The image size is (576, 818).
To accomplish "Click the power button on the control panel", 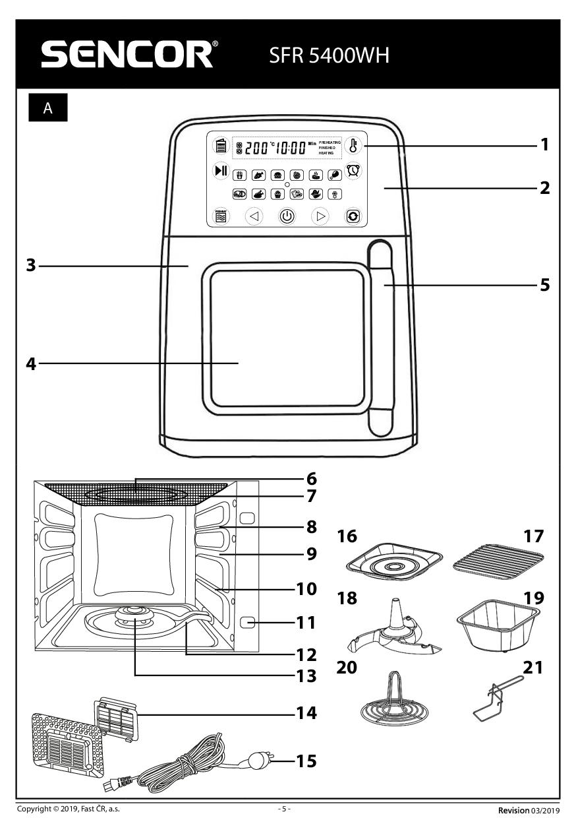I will click(x=287, y=216).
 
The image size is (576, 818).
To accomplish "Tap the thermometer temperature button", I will click(x=354, y=146).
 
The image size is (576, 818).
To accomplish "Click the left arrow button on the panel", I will click(x=254, y=216).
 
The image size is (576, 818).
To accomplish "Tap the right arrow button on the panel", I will click(x=320, y=216).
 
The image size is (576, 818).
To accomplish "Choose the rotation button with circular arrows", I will click(x=354, y=216).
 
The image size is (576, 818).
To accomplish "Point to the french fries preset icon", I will click(x=240, y=175).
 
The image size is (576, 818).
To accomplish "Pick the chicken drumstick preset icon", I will click(x=334, y=175).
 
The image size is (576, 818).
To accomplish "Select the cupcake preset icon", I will click(x=277, y=195).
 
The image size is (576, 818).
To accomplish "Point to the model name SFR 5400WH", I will click(x=329, y=55).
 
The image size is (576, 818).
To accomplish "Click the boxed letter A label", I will click(x=47, y=109).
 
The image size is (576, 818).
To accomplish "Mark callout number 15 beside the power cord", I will click(x=306, y=761).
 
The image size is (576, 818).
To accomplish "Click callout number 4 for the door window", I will click(x=31, y=363).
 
